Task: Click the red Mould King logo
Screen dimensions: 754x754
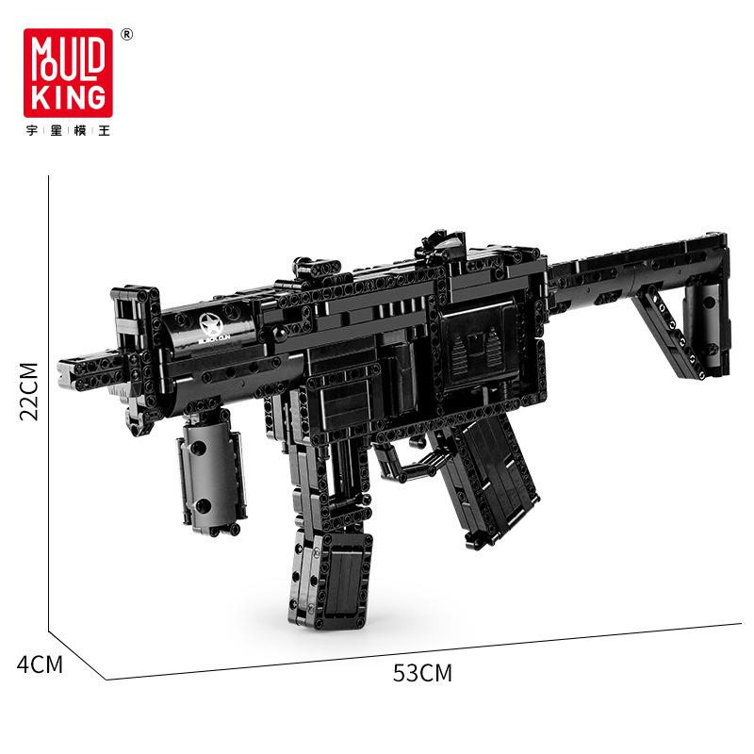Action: (x=69, y=73)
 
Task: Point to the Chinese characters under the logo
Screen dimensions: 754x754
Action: (x=69, y=131)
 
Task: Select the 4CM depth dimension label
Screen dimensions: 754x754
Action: (x=40, y=664)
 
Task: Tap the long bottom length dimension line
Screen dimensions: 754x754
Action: (x=424, y=650)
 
